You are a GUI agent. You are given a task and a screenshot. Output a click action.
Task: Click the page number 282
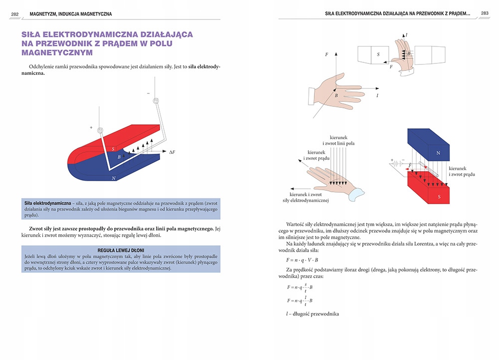(15, 14)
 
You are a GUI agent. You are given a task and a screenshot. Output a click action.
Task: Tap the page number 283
(485, 13)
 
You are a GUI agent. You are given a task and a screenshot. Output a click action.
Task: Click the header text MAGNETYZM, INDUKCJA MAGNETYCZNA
(71, 14)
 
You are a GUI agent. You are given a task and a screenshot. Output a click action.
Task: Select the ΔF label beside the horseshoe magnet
(172, 151)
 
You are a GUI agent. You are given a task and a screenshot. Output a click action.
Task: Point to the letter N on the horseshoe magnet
(114, 178)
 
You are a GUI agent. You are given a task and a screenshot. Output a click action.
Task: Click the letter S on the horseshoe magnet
(113, 148)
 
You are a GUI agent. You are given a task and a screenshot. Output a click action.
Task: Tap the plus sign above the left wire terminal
(91, 128)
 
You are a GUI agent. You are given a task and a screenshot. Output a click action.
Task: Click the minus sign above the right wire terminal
(148, 93)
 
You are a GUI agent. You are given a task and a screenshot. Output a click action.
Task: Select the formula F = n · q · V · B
(302, 260)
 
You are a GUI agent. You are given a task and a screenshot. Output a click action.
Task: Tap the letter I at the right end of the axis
(377, 95)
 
